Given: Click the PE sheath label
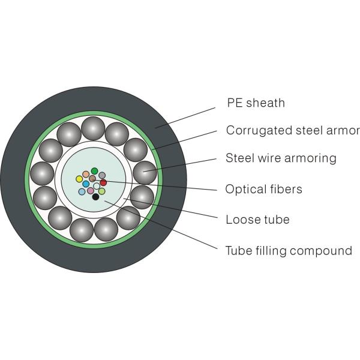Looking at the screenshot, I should pos(256,103).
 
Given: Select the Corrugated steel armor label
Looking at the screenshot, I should pos(292,130).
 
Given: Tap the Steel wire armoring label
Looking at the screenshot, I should pos(281,158).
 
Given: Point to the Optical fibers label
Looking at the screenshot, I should pos(263,190).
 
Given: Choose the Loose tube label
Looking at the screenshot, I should pos(257,220).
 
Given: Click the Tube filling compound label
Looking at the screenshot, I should pos(289,250).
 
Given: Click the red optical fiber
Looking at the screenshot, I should pos(103,182).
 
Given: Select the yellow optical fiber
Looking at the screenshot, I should pos(79,179).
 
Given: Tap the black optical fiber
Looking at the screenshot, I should pos(95,196).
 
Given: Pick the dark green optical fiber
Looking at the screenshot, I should pos(94,171).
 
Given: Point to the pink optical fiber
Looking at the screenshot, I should pos(91,191).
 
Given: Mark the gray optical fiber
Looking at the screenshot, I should pos(102,175).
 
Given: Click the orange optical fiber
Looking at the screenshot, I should pos(86,175).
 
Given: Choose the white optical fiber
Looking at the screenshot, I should pos(97,186).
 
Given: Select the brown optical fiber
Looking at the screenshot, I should pos(92,178).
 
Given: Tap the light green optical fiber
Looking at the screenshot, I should pos(102,191).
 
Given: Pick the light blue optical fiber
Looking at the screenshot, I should pos(82,192).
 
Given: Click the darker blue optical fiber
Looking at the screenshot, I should pos(86,184).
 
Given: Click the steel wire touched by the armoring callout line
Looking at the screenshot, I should pos(143,173).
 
